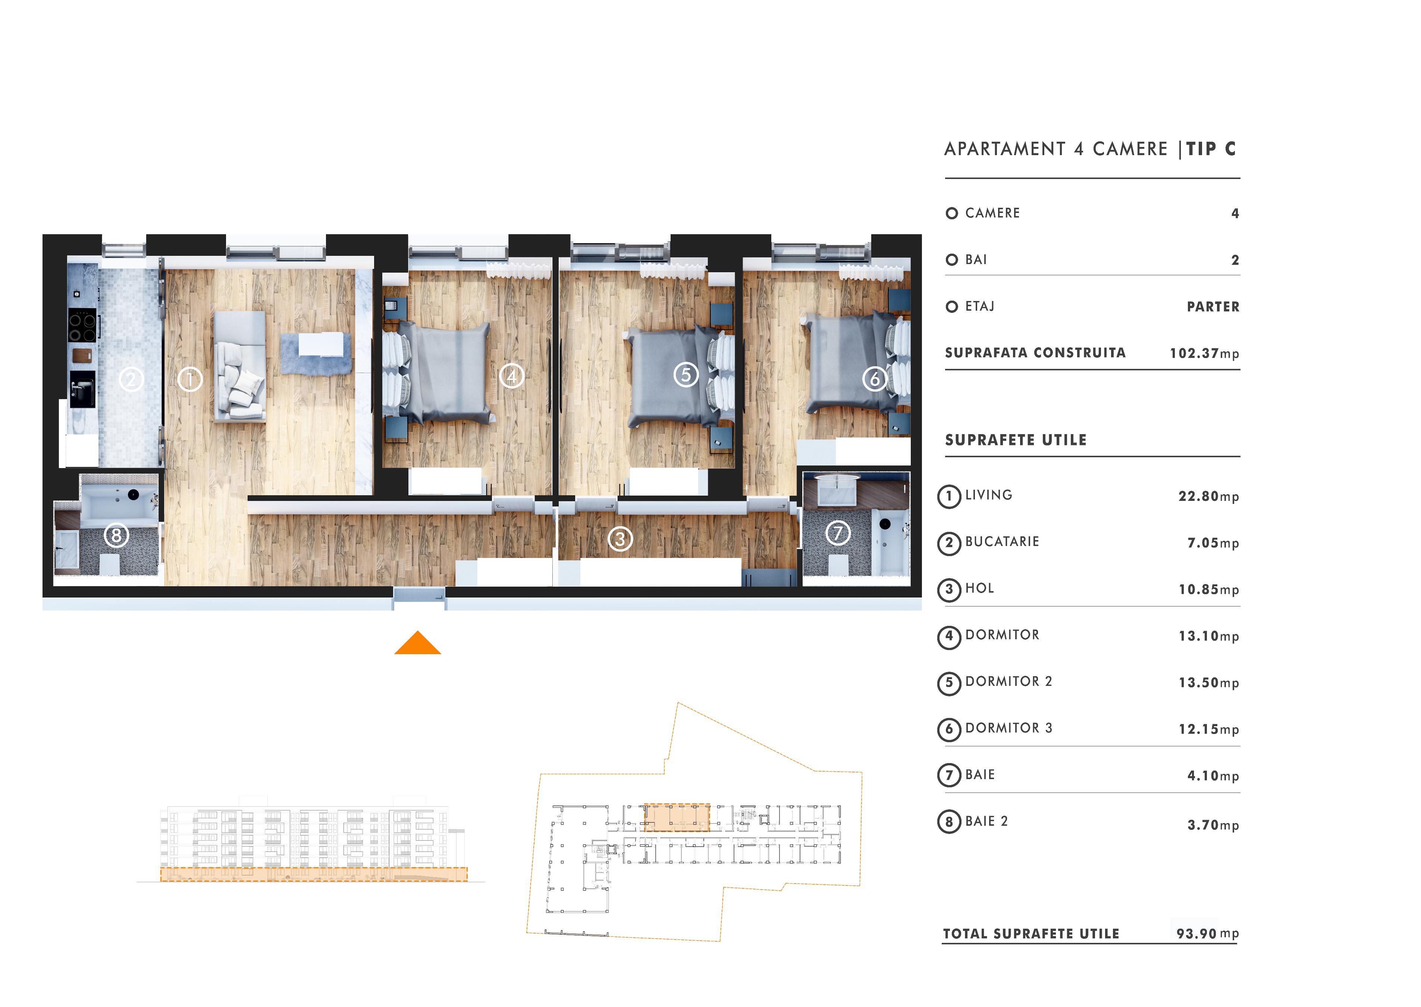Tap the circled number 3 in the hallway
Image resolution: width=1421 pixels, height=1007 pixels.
[620, 539]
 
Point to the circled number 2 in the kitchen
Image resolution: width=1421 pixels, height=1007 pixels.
[131, 379]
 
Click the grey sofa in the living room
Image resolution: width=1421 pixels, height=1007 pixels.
[240, 366]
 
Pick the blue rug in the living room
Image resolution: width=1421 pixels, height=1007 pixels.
[316, 354]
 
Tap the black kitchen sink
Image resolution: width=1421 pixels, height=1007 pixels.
[82, 389]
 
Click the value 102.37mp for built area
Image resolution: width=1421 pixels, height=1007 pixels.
[1204, 354]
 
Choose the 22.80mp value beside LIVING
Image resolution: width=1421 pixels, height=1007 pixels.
[1208, 496]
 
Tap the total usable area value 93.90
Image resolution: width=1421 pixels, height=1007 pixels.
[1196, 933]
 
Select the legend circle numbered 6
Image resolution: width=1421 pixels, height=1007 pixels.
[948, 729]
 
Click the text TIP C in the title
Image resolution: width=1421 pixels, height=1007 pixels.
[1211, 149]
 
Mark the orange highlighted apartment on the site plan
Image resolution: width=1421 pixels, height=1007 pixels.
[677, 817]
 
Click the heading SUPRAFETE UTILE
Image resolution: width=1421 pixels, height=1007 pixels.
[1016, 440]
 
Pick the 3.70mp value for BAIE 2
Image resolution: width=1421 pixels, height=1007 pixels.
[1213, 825]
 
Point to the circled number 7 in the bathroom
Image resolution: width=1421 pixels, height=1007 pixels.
[838, 533]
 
